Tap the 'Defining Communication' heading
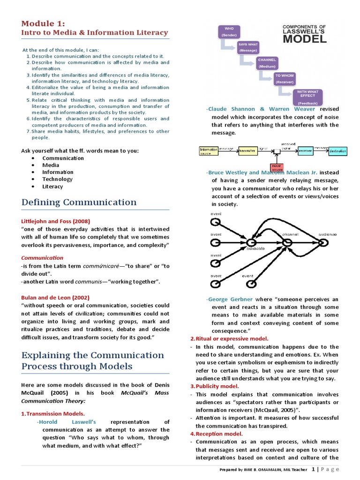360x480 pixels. click(x=79, y=202)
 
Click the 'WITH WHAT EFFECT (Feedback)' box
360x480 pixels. click(x=307, y=97)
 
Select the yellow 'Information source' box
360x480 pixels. click(x=209, y=151)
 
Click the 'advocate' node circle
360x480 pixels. click(x=251, y=242)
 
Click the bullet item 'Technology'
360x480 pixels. click(x=57, y=179)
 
